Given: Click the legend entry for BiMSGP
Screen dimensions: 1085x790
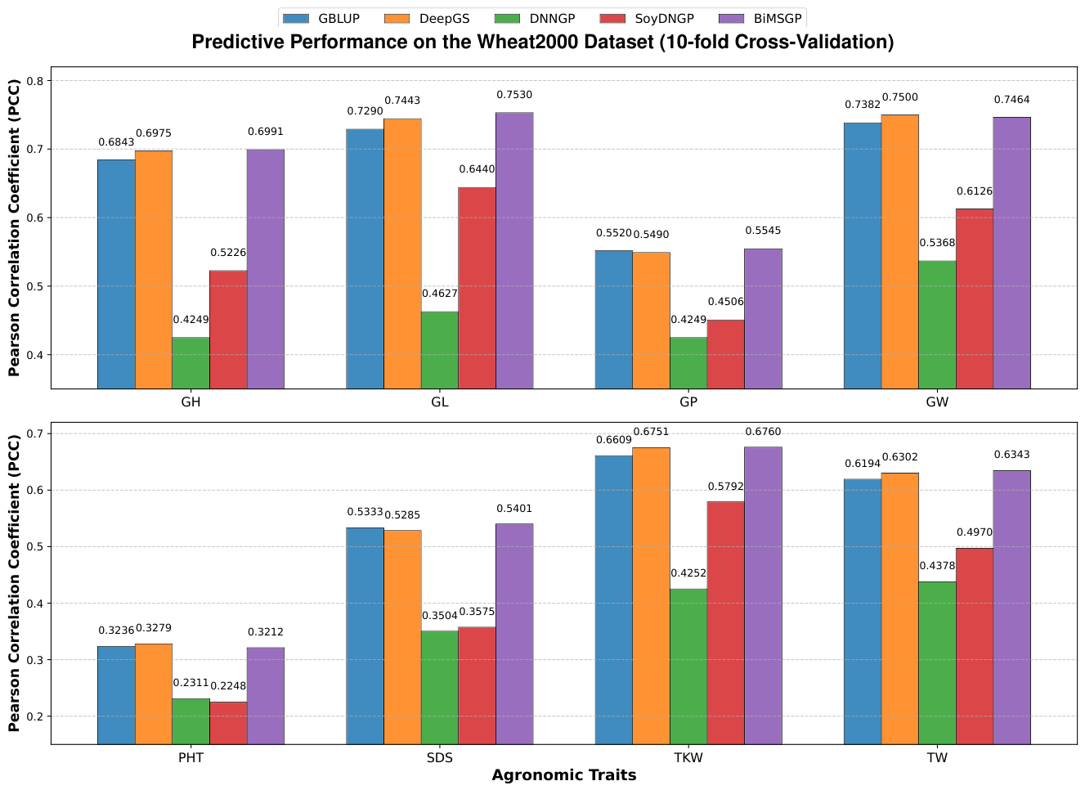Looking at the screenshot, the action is (760, 19).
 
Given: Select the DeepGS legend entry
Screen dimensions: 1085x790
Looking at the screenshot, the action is (427, 19).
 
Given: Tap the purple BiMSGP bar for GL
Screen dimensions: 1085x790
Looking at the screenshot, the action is (514, 250).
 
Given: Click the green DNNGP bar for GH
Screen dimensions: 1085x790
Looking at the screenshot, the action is (191, 363).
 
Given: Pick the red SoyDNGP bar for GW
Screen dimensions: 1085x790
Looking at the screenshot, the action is (974, 298).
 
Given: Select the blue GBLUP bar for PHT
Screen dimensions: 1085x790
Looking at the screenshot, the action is (116, 695).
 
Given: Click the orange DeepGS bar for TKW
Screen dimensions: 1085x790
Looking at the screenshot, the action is (651, 595).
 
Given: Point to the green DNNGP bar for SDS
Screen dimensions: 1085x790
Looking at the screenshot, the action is (439, 687).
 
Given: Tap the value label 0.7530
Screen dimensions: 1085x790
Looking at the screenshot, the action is (514, 95).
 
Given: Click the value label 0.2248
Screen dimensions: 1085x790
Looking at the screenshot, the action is (228, 686).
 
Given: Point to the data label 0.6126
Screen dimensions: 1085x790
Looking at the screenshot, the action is (974, 191).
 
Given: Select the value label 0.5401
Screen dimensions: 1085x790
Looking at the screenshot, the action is (514, 509).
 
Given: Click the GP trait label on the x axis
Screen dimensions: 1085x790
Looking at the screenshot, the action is (688, 402).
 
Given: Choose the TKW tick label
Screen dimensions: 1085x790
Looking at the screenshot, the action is (688, 757).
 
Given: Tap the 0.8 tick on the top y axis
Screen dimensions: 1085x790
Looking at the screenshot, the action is (35, 81).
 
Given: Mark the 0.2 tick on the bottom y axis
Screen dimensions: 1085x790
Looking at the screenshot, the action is (35, 716).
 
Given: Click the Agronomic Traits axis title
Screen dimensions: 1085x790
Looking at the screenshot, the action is (564, 775).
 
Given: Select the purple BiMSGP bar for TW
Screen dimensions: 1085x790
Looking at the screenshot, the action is (1011, 608).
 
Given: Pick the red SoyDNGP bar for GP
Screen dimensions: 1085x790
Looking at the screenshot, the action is (725, 354).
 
